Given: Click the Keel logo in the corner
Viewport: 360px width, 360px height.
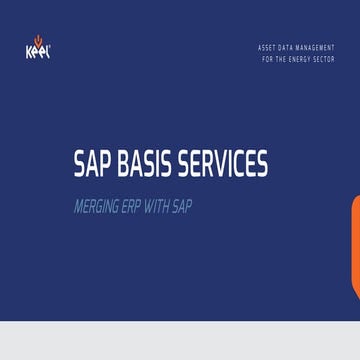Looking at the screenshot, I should tap(33, 48).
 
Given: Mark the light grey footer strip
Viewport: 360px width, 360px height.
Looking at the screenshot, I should tap(180, 341).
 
